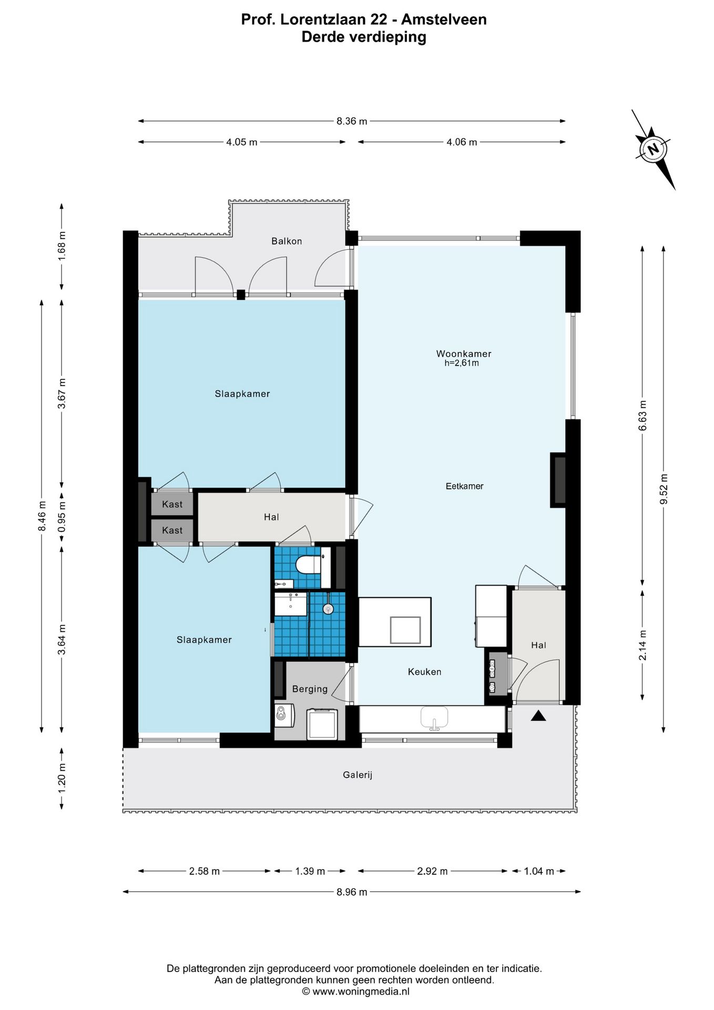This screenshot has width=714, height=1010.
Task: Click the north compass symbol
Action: coord(653,149)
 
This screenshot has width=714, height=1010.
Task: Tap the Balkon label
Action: coord(287,241)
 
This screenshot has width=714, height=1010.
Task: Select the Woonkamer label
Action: coord(464,353)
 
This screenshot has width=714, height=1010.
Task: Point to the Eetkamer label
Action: coord(464,486)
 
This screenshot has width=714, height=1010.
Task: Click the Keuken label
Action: coord(424,672)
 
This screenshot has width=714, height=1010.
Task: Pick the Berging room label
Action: coord(310,689)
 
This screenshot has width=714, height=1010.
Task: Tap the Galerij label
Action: coord(358,775)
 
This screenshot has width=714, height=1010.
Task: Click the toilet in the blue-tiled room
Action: coord(309,565)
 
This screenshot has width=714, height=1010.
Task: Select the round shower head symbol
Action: coord(329,609)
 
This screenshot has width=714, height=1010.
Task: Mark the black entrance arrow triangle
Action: coord(538,715)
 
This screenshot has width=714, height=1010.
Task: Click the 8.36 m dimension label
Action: coord(352,121)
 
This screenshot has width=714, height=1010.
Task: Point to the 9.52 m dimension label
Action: coord(664,489)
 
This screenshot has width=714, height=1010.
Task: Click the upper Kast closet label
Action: coord(172,504)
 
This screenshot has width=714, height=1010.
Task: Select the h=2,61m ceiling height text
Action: coord(462,363)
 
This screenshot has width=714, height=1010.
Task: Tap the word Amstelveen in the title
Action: coord(444,19)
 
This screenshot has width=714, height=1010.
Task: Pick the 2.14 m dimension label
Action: coord(642,645)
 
